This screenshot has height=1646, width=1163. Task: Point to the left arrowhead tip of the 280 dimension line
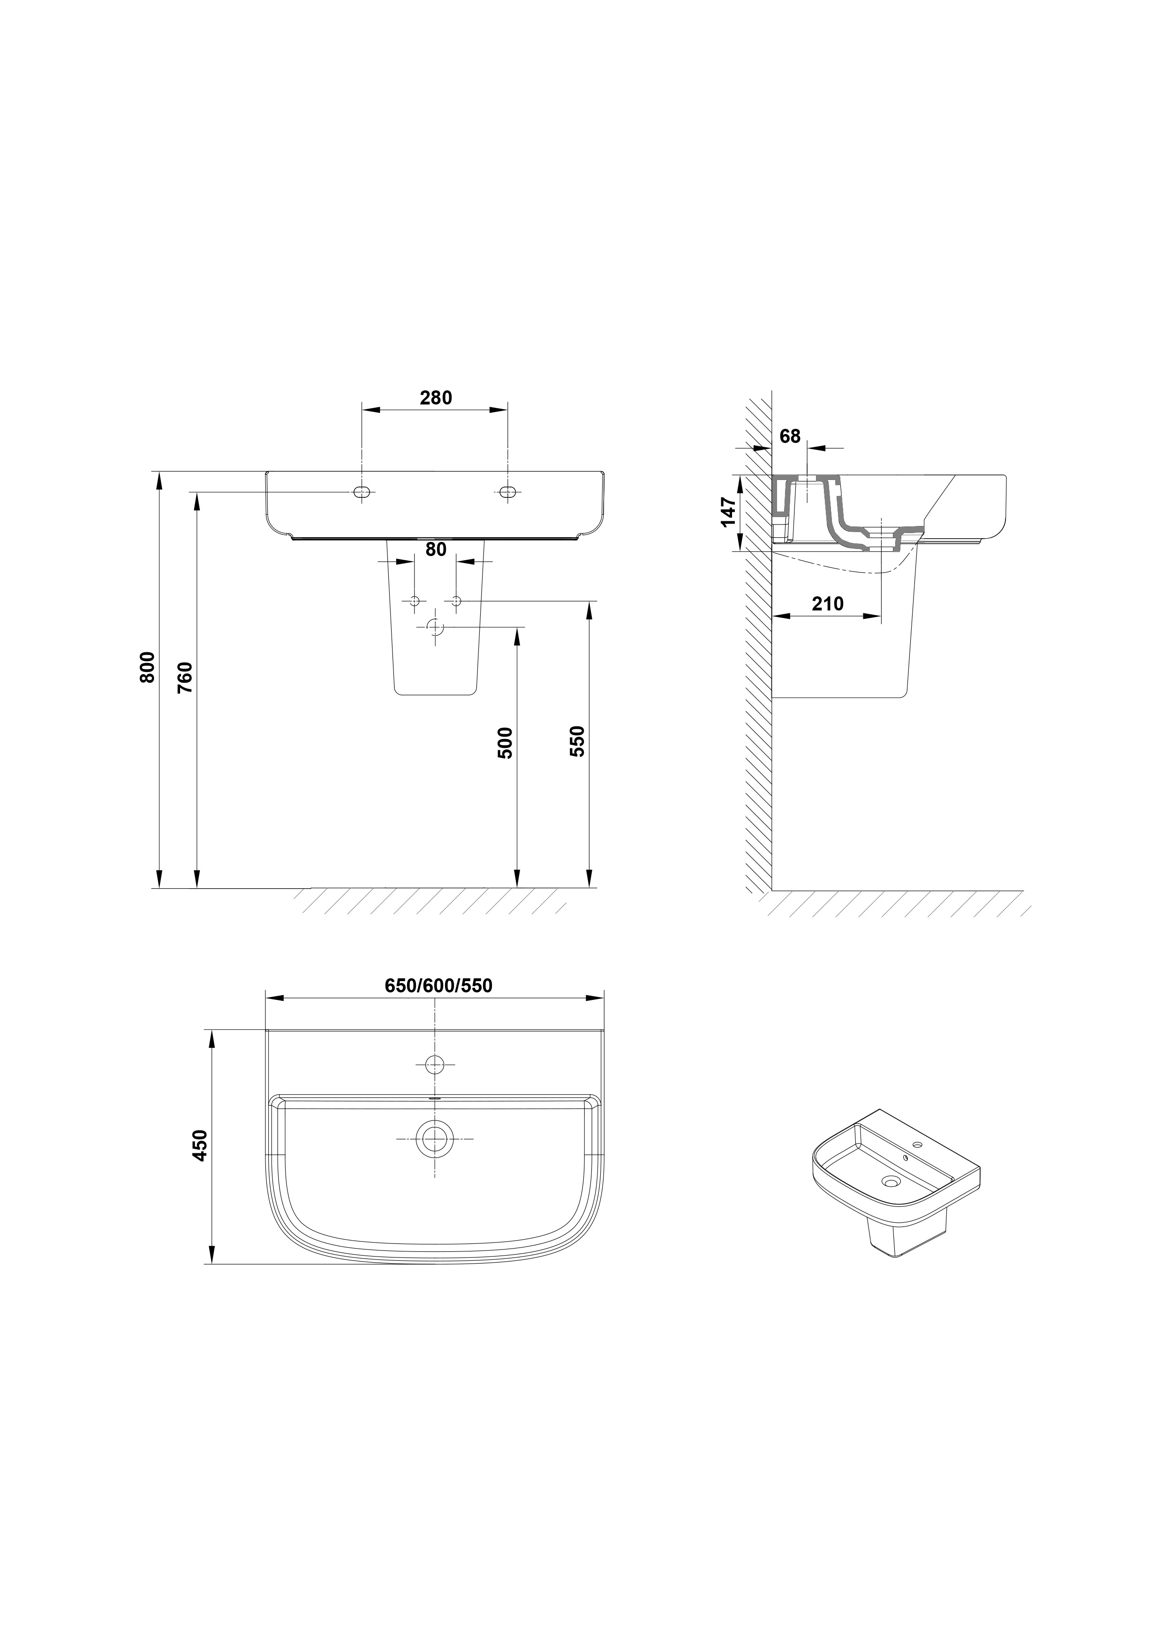click(x=362, y=410)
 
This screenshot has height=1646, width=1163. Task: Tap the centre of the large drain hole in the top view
click(x=434, y=1138)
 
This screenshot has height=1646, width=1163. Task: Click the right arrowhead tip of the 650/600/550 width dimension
click(x=604, y=998)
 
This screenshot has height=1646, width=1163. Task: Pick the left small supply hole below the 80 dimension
click(x=414, y=601)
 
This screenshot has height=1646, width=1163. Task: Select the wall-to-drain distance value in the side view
click(x=828, y=603)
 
